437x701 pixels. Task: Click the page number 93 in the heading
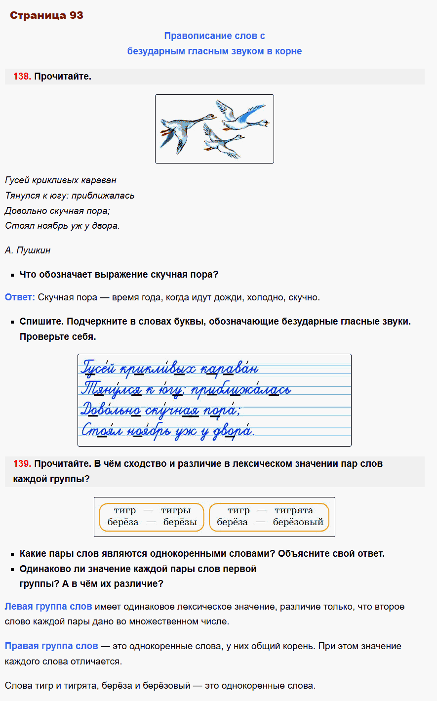[x=77, y=15]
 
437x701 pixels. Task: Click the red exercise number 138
[x=22, y=77]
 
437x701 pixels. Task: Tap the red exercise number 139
[x=22, y=464]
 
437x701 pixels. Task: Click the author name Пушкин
[x=34, y=250]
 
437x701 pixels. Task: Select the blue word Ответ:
[x=20, y=297]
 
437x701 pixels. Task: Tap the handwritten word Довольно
[x=111, y=410]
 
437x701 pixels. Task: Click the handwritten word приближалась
[x=241, y=389]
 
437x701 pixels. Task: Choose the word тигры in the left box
[x=176, y=511]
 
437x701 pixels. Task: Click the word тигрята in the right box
[x=294, y=511]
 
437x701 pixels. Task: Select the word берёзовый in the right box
[x=298, y=522]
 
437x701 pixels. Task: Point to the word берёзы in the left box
[x=180, y=522]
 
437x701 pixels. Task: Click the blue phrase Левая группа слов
[x=48, y=607]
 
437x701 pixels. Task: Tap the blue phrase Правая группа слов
[x=51, y=646]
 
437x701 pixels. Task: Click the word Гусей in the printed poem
[x=17, y=180]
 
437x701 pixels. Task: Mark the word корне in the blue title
[x=289, y=51]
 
